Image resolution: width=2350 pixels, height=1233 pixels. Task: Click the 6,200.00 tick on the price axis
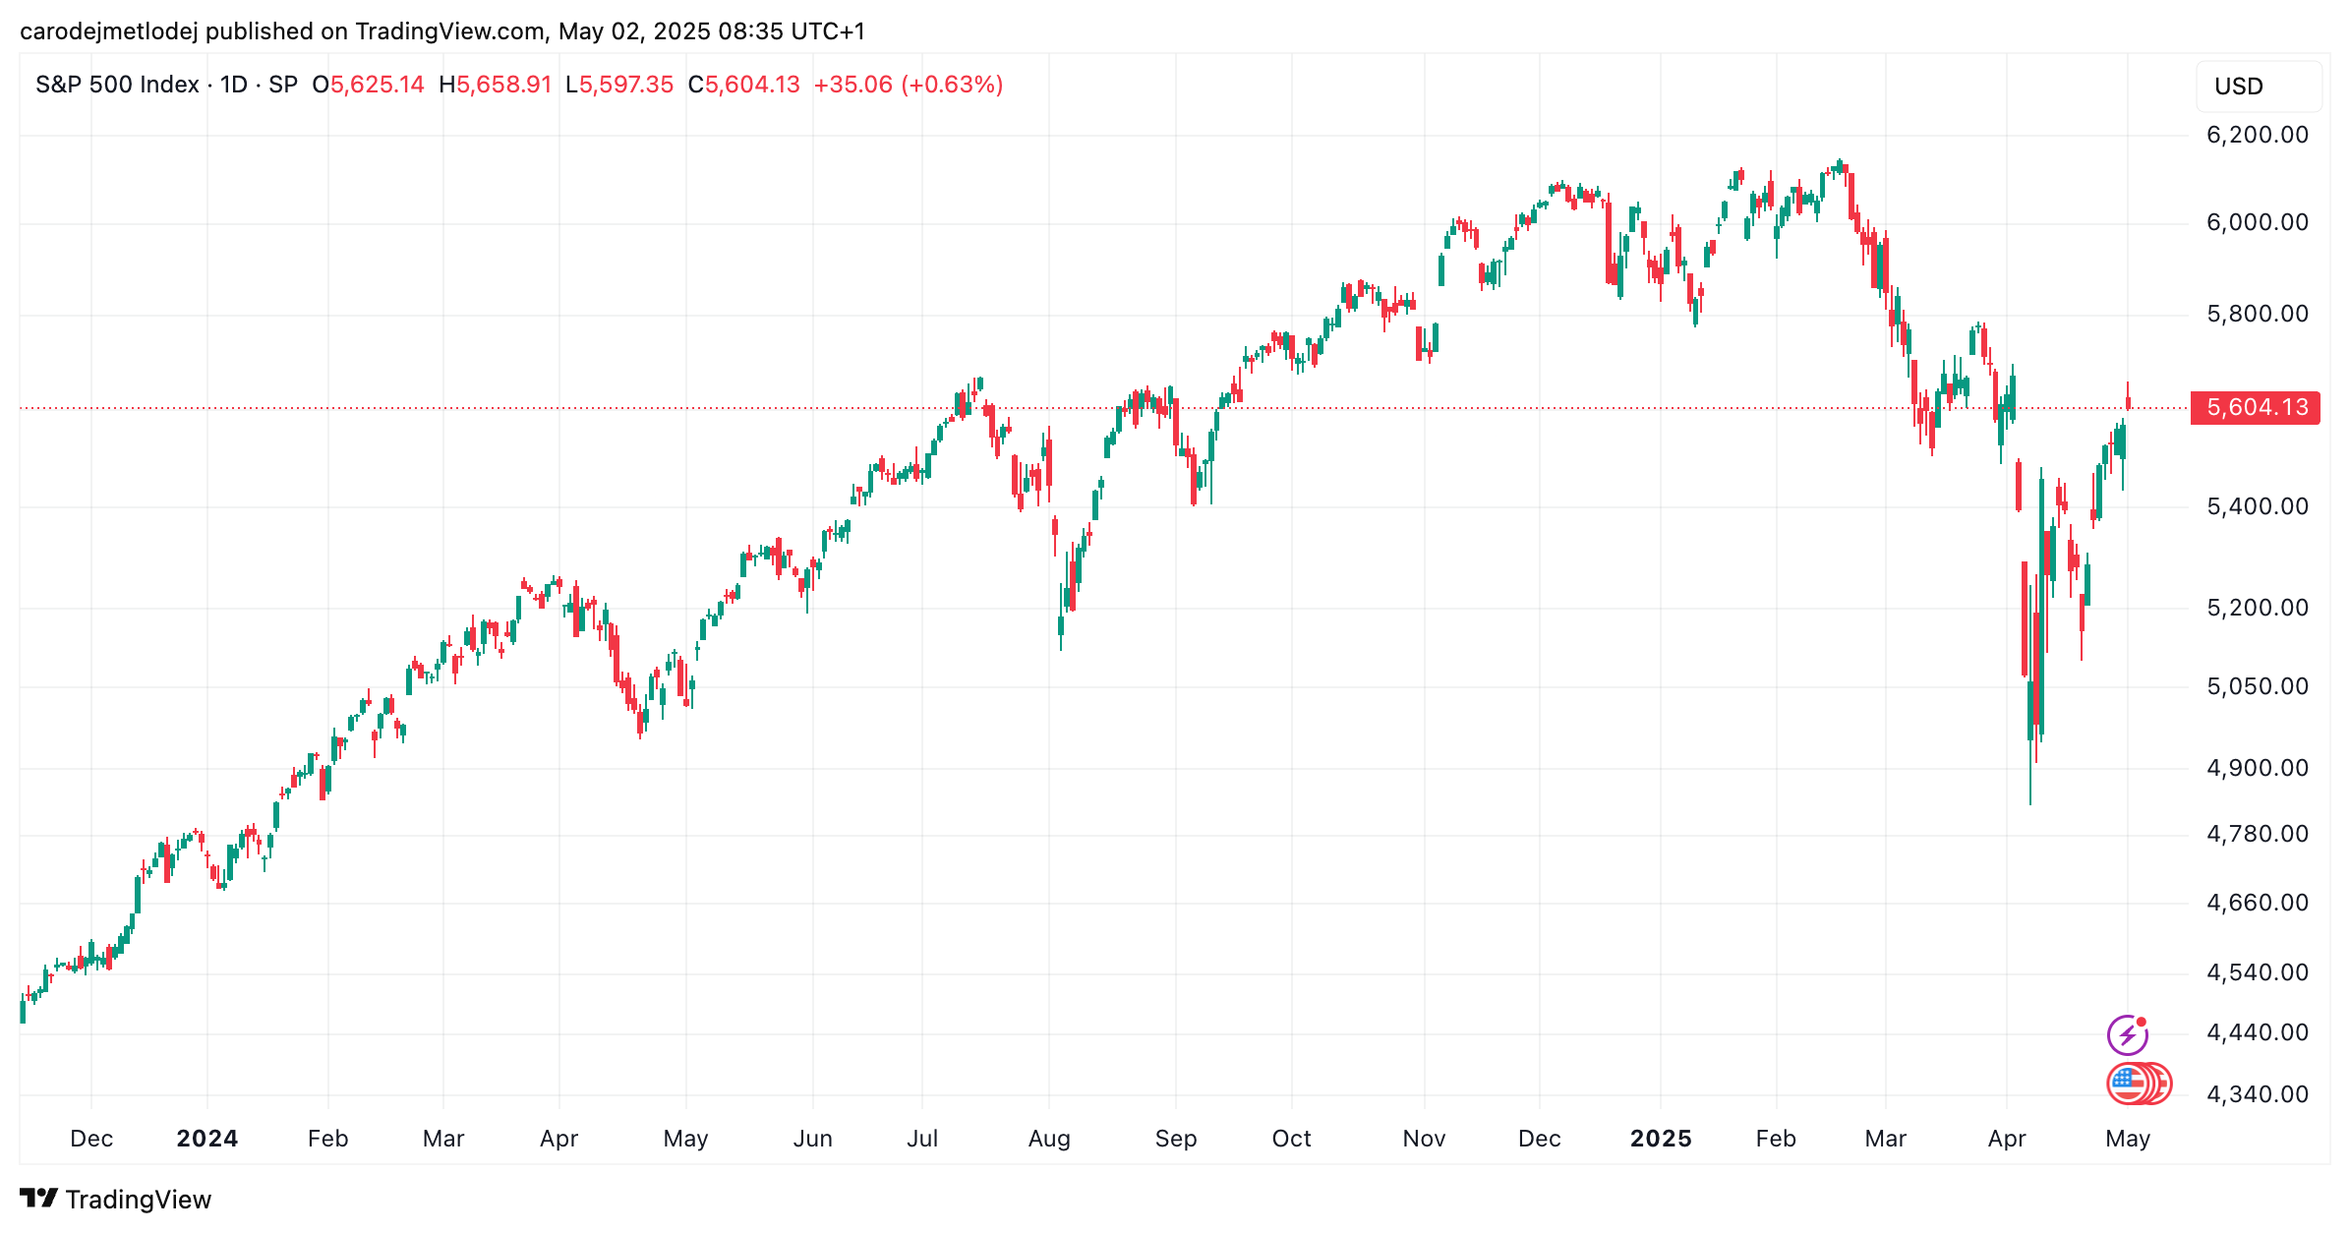(2257, 135)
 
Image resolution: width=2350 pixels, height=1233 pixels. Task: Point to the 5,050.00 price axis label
(2257, 686)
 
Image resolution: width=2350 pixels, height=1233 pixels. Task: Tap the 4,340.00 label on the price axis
(2257, 1094)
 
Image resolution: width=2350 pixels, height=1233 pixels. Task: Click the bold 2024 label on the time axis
(206, 1139)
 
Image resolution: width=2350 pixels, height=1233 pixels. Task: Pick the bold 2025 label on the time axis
(1660, 1139)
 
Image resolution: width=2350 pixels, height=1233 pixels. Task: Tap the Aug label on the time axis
(1048, 1139)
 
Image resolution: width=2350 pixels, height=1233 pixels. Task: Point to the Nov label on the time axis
(1423, 1139)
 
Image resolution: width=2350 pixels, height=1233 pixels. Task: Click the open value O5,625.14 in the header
(368, 85)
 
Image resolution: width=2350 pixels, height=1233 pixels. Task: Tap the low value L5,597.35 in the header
(619, 85)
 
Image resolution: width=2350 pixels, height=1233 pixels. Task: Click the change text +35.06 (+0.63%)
(908, 85)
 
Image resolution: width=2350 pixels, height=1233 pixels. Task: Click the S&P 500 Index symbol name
(117, 85)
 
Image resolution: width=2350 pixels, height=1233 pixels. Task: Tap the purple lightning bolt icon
(2127, 1034)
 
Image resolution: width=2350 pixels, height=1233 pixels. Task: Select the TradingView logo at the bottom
(115, 1200)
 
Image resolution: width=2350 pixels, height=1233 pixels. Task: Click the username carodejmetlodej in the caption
(108, 31)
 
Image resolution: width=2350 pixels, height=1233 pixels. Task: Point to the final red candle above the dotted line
(2128, 399)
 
